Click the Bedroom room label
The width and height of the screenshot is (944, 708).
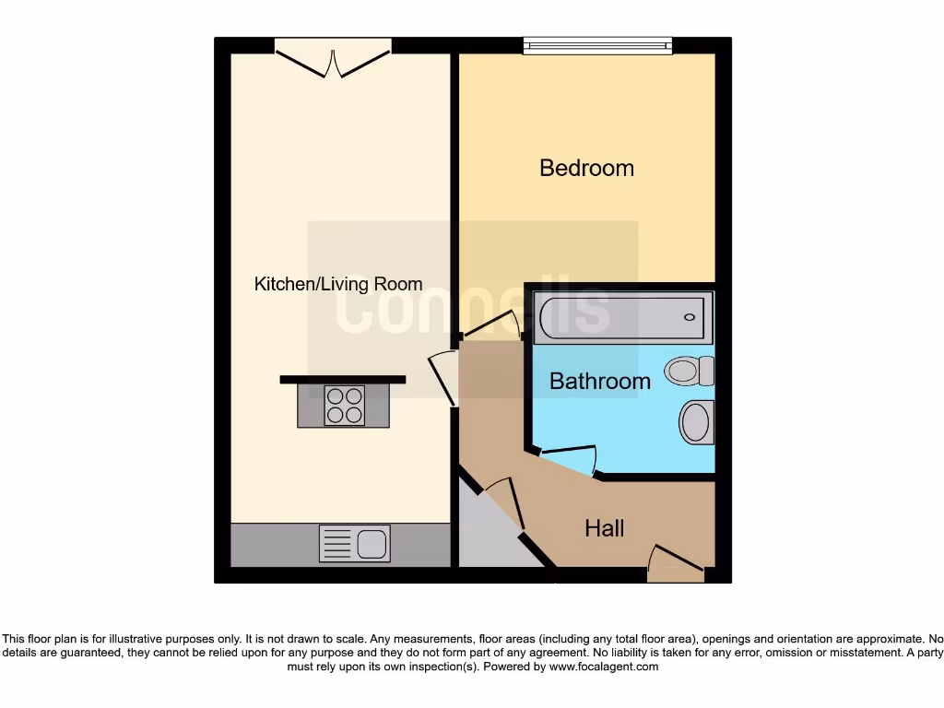pos(586,168)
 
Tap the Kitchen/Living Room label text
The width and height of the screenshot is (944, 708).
pos(338,284)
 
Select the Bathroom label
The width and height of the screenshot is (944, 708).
pos(599,381)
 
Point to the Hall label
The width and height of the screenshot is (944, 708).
pos(604,528)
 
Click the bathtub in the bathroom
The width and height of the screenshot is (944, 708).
pos(622,318)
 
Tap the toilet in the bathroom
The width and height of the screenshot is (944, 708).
pos(690,371)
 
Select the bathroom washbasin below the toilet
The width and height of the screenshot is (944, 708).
pos(696,422)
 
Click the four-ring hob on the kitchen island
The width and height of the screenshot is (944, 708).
pos(345,406)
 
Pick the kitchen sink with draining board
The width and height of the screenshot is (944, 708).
pos(355,544)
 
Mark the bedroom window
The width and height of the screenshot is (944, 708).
pos(597,45)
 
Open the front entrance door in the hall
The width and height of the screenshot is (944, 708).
pos(677,562)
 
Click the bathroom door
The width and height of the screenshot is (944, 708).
pos(568,457)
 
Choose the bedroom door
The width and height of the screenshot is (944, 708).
pos(493,325)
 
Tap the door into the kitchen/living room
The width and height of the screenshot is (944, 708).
pos(442,378)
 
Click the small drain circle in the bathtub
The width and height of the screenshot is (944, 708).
pos(689,318)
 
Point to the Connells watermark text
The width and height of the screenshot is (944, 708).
pos(472,309)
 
